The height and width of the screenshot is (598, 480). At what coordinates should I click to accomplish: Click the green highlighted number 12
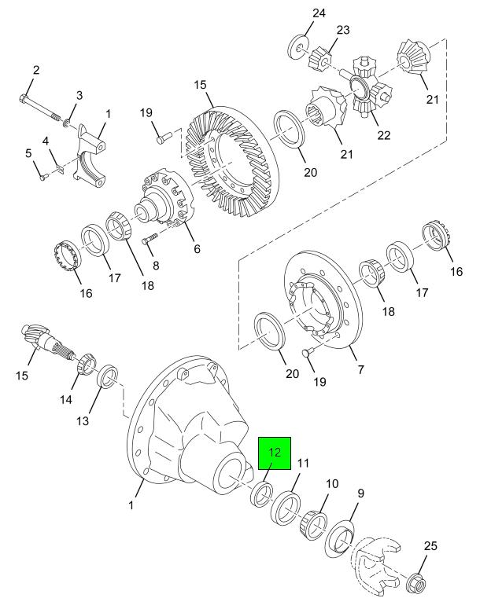coord(275,453)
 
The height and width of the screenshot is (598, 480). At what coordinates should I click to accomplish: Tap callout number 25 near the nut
coord(430,546)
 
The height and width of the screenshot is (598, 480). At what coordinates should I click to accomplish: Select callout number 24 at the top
coord(319,13)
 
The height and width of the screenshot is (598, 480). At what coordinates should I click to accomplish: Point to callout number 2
coord(36,70)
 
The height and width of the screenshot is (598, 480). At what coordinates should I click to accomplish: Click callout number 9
coord(360,493)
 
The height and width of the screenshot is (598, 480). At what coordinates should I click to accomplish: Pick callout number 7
coord(360,369)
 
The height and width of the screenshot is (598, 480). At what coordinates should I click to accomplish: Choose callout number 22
coord(384,135)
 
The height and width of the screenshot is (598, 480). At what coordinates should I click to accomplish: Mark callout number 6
coord(197,248)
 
